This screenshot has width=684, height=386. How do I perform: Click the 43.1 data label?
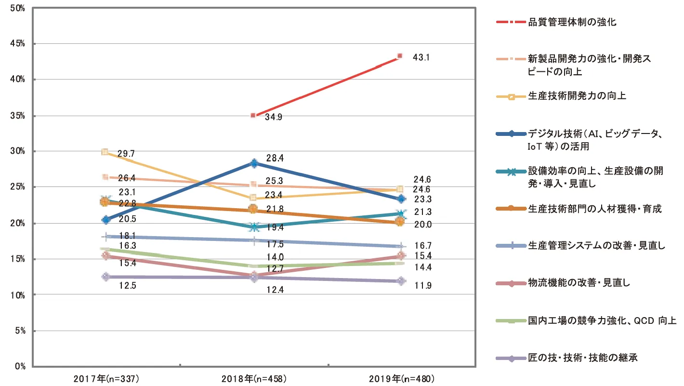421,57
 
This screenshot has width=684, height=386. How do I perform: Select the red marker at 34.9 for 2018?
252,116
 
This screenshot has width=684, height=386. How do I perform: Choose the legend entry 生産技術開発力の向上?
577,96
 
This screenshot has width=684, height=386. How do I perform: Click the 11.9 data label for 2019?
422,286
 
